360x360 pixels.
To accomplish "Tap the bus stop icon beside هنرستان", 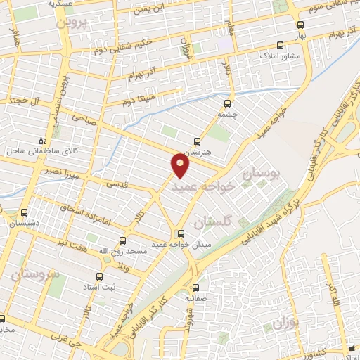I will pos(197,141).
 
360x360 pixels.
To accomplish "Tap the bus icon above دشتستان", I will pos(25,212).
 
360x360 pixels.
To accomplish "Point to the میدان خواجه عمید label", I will pos(181,245).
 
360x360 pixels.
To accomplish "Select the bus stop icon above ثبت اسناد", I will pos(98,276).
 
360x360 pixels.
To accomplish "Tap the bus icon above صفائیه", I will pos(195,287).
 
